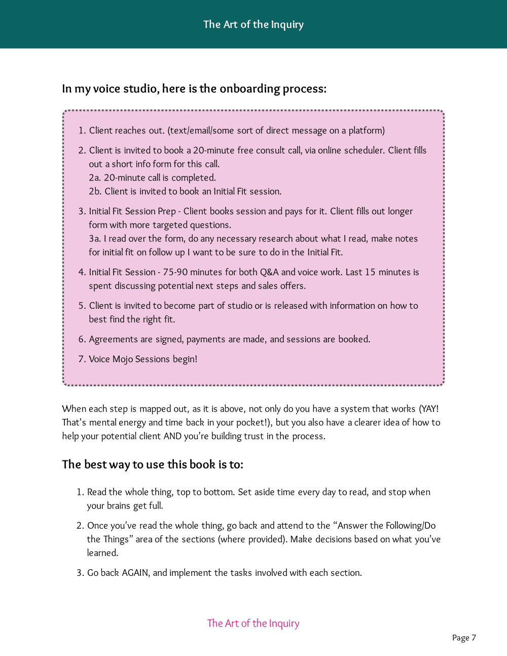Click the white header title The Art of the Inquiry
coord(253,24)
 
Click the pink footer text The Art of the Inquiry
coord(253,623)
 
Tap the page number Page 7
coord(464,638)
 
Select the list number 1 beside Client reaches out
coord(81,131)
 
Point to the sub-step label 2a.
coord(94,178)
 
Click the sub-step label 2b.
coord(95,192)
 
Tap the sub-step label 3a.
coord(94,239)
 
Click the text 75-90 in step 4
coord(176,272)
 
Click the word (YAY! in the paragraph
coord(429,409)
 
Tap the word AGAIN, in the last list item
coord(136,573)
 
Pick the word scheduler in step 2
coord(365,151)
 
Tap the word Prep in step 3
coord(167,211)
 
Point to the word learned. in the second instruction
coord(102,553)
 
